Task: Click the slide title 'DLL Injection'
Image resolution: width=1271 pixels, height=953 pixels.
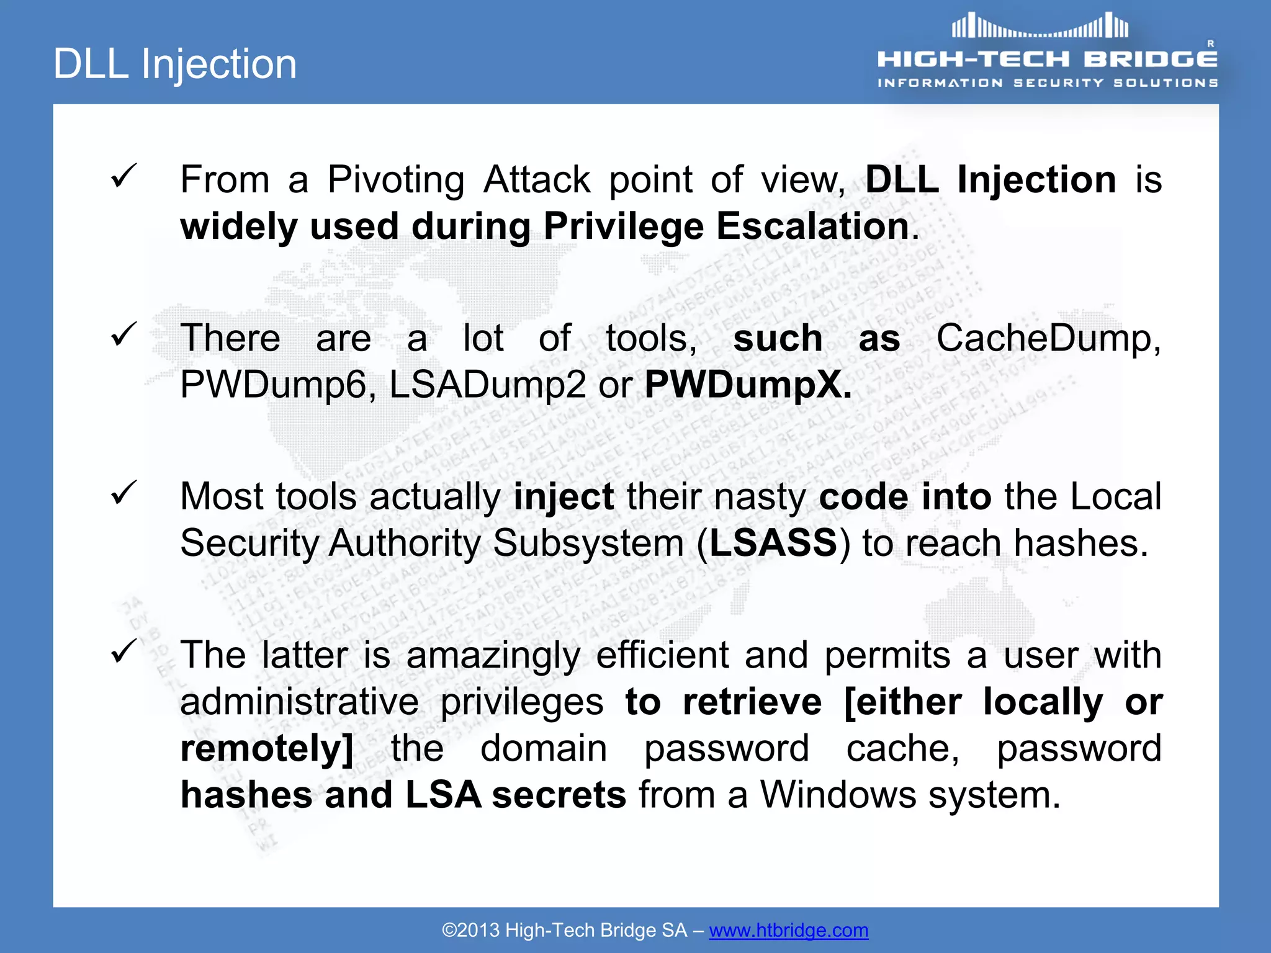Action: (x=175, y=64)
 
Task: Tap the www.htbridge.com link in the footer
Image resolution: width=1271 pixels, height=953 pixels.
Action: (x=788, y=930)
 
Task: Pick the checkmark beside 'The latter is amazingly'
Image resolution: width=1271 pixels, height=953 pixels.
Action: (x=124, y=651)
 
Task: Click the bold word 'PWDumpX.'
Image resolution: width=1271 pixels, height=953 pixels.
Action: (x=748, y=385)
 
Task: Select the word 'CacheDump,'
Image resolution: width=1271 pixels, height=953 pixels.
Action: (x=1048, y=339)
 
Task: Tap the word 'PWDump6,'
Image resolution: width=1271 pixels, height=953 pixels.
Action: (x=278, y=385)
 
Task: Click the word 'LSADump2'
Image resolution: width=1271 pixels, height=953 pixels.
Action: (x=487, y=385)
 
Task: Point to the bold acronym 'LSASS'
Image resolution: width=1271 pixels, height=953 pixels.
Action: (x=773, y=543)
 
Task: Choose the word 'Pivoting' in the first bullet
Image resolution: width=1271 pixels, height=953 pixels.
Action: (x=395, y=180)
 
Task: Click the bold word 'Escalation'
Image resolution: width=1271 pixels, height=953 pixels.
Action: (x=813, y=226)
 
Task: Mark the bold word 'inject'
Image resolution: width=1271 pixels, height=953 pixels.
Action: (x=564, y=497)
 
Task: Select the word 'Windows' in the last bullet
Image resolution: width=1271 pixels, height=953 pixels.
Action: (x=838, y=795)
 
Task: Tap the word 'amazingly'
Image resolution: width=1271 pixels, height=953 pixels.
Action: (x=493, y=656)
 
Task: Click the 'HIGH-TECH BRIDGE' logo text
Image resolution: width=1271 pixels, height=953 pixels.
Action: (x=1047, y=59)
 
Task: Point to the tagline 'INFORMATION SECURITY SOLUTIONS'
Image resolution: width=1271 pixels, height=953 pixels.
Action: (x=1047, y=83)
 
